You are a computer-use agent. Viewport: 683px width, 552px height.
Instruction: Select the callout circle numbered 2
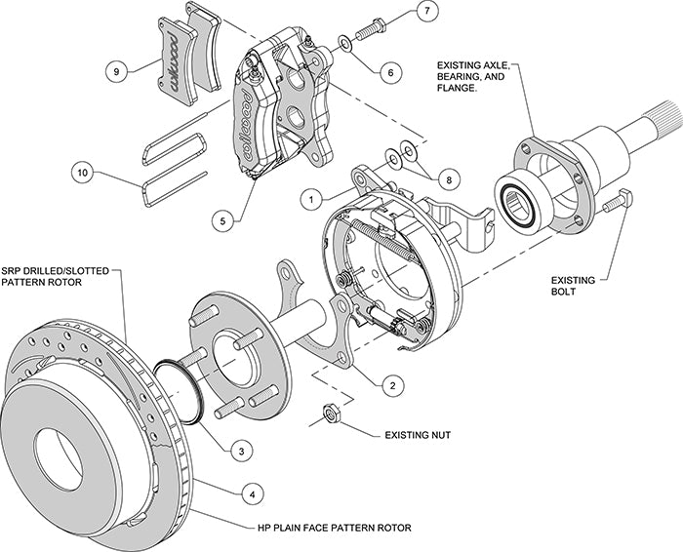pos(391,384)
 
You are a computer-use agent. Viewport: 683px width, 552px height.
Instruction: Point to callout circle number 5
pos(224,221)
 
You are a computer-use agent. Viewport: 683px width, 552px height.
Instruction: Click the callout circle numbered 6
pos(388,70)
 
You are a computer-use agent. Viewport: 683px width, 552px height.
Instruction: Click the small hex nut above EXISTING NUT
pos(331,414)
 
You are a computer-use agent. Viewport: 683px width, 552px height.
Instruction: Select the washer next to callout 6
pos(345,43)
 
